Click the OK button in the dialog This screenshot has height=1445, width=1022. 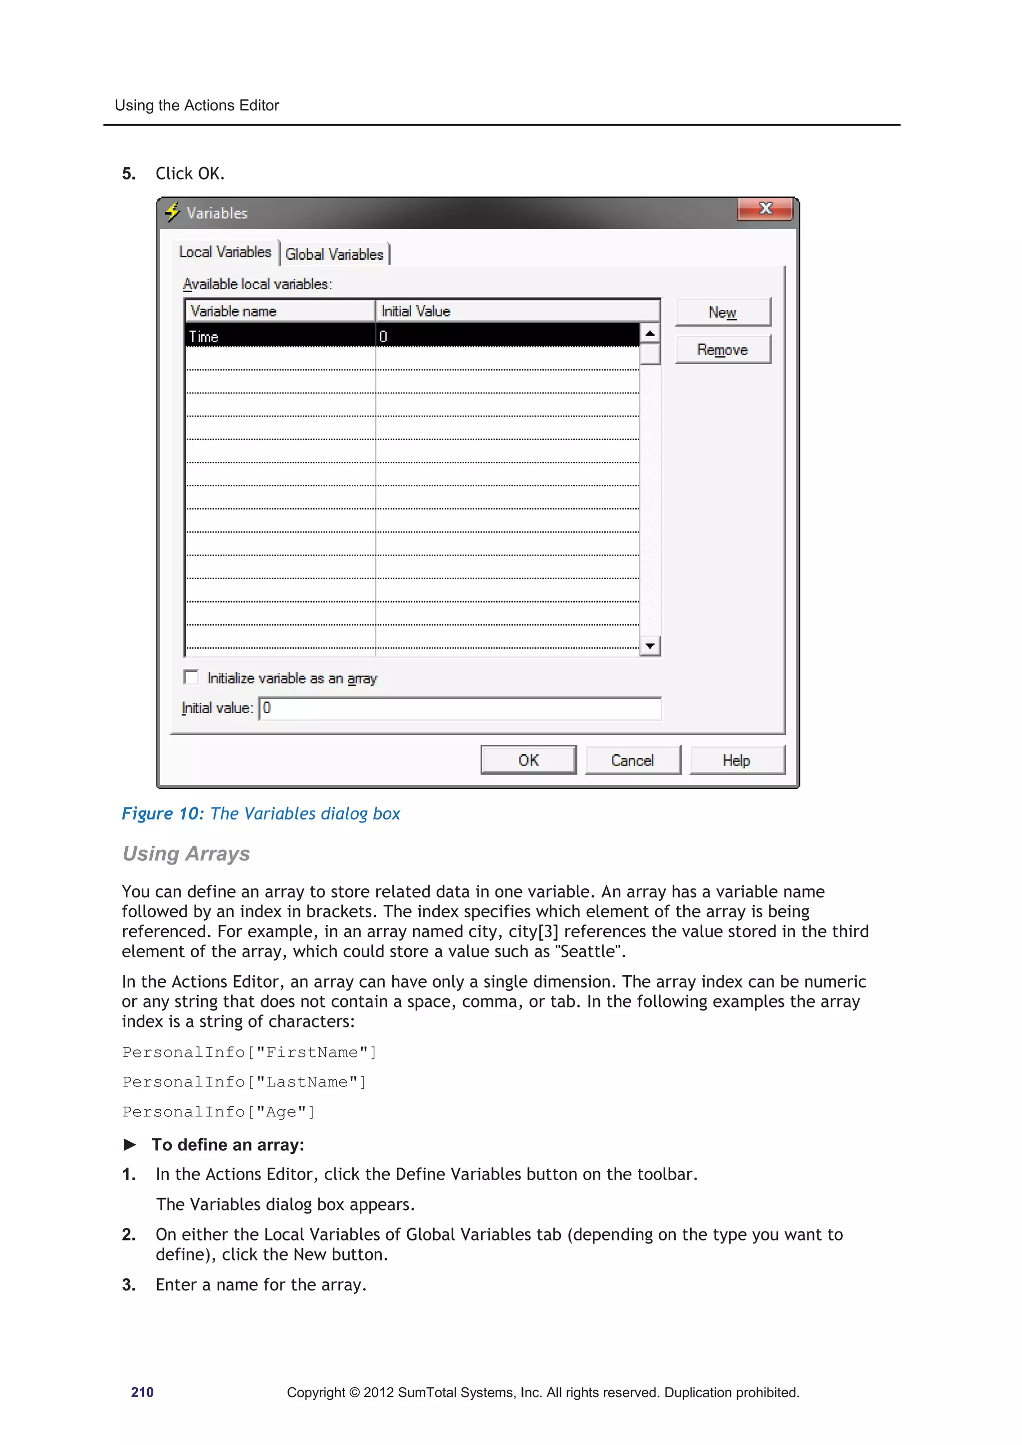(528, 760)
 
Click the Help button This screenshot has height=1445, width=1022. (737, 760)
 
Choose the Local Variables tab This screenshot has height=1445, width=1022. (225, 252)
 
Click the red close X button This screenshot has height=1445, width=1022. (765, 209)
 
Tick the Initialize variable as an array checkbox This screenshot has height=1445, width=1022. (191, 677)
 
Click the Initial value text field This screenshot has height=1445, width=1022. (460, 708)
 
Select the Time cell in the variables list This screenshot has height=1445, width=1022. (279, 336)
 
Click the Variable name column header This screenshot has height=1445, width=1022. (279, 311)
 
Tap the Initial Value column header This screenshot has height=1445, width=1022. (516, 311)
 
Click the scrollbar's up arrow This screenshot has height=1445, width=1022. (650, 332)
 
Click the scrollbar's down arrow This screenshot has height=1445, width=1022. (650, 646)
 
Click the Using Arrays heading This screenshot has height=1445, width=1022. (187, 853)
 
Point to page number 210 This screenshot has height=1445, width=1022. (142, 1392)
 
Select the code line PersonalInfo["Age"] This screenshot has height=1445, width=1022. (219, 1112)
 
